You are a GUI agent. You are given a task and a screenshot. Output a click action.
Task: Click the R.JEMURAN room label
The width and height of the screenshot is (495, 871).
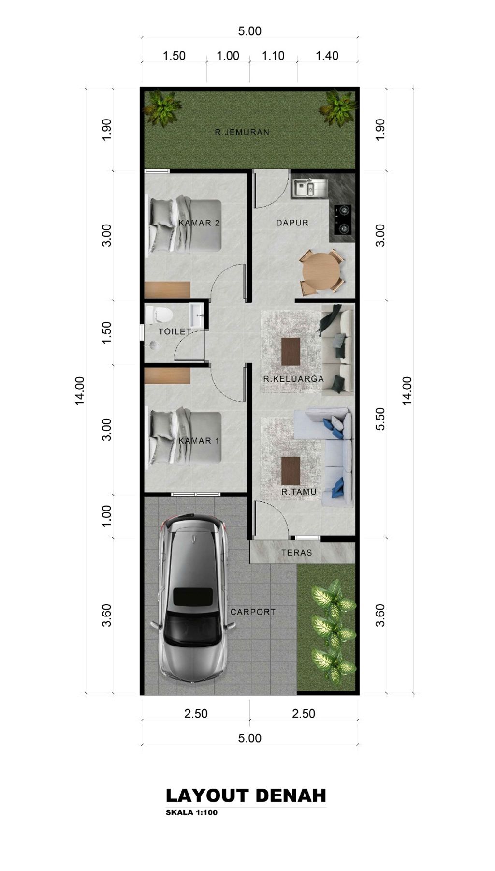(x=242, y=132)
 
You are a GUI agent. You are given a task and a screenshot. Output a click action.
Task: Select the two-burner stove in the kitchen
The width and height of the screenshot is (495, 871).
(x=343, y=220)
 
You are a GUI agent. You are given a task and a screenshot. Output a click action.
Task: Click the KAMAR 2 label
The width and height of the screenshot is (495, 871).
(x=199, y=223)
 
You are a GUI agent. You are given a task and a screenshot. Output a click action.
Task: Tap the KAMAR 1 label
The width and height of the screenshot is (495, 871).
(x=199, y=441)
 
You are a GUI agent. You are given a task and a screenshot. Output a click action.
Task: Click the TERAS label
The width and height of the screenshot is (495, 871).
(x=297, y=552)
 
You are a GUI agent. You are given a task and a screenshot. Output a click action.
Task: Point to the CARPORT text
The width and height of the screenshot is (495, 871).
(x=253, y=612)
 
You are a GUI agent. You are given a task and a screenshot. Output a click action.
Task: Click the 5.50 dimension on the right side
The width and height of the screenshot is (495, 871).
(x=381, y=419)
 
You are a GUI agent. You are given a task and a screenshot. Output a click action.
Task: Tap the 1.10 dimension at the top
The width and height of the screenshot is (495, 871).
(x=273, y=56)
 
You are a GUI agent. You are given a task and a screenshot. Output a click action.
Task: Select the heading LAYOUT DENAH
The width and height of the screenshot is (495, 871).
(x=246, y=796)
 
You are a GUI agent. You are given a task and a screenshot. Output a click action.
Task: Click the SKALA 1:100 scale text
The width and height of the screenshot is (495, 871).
(x=191, y=812)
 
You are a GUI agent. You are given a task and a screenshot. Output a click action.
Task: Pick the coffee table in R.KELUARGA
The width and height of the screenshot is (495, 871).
(x=291, y=352)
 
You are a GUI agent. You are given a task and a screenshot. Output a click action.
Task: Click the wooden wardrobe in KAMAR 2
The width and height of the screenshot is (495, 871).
(x=167, y=289)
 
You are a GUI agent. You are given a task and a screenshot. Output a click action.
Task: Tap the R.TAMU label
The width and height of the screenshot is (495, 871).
(x=299, y=492)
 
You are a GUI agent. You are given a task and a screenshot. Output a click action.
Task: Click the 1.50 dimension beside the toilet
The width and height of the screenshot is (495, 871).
(x=107, y=332)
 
